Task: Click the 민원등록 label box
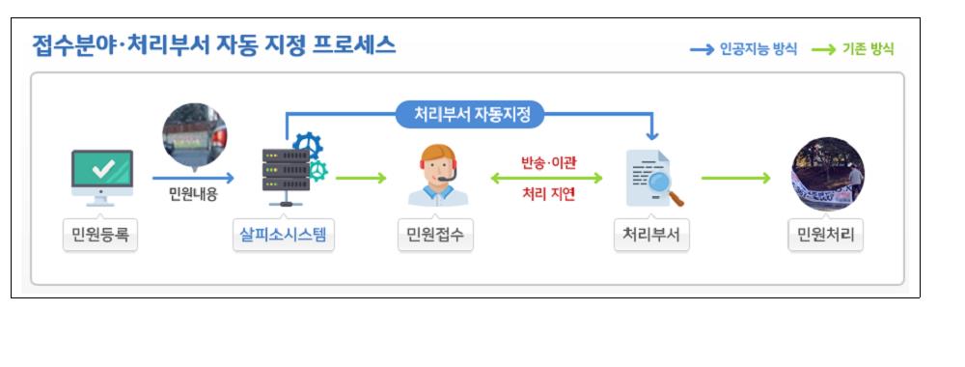pos(99,236)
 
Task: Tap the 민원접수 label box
pos(435,236)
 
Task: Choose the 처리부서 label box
pos(651,236)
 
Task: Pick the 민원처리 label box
pos(825,236)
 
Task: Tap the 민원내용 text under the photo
pos(193,194)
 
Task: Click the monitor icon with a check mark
pos(101,177)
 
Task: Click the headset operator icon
pos(437,176)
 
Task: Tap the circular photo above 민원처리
pos(827,174)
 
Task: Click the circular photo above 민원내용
pos(194,135)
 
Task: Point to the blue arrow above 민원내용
pos(193,178)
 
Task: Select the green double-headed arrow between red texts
pos(546,178)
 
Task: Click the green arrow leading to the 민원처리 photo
pos(735,178)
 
